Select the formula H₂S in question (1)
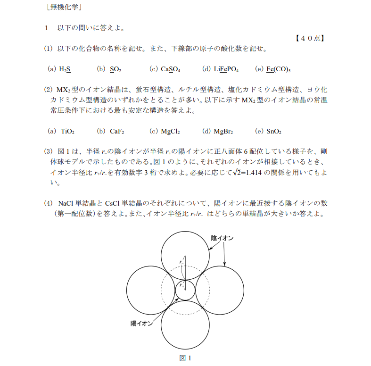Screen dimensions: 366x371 coord(65,69)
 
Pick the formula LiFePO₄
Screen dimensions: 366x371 coord(226,69)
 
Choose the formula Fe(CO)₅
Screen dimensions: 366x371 coord(278,69)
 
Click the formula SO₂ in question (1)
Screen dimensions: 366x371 coord(115,69)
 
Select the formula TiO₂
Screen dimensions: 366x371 coord(68,131)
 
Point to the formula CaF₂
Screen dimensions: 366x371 coord(117,131)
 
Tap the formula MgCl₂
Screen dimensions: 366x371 coord(170,131)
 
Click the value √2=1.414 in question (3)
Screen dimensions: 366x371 coord(253,173)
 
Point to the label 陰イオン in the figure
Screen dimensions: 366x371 coord(222,238)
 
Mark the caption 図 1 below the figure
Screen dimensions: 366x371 coord(186,358)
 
